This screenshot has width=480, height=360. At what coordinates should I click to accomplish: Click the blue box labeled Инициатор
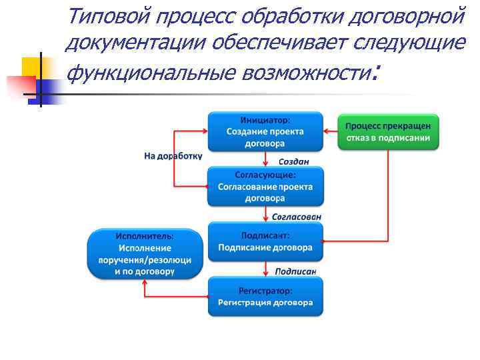tap(265, 131)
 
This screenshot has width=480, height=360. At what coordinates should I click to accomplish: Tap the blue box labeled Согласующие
tap(265, 186)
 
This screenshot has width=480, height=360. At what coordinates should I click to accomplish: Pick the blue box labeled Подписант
tap(265, 241)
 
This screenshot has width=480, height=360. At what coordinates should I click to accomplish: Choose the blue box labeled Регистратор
tap(265, 297)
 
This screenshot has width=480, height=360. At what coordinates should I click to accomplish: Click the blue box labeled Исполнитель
tap(145, 254)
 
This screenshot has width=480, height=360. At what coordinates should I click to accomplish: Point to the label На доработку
tap(173, 156)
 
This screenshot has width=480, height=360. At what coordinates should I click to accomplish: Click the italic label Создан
tap(293, 161)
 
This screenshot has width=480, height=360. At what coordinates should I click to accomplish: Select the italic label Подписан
tap(295, 271)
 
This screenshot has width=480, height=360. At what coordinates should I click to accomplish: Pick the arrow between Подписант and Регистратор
tap(267, 269)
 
